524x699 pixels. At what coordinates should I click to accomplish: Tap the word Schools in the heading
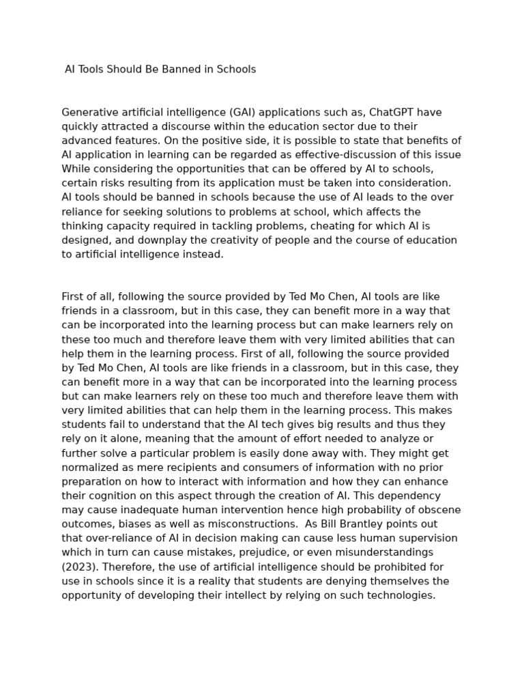click(235, 70)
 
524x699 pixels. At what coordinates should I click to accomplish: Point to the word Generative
click(88, 113)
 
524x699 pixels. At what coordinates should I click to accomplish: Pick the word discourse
click(182, 126)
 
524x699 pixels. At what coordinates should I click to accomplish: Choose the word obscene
click(437, 510)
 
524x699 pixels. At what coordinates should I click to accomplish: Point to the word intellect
click(259, 595)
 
